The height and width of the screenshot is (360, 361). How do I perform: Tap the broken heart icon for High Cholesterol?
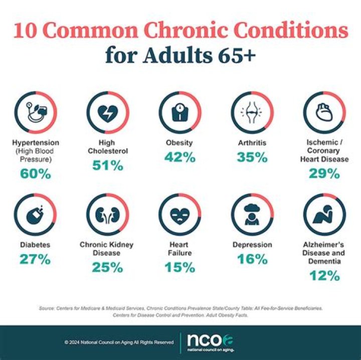[x=108, y=112]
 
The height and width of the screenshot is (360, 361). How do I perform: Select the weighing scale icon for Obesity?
[x=180, y=112]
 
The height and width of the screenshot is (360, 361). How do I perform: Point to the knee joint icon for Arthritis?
[x=252, y=112]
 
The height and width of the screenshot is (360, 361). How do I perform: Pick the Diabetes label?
[x=35, y=245]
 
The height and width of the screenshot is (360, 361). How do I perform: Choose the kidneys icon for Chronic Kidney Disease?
[x=108, y=215]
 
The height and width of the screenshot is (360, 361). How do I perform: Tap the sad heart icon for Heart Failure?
[x=180, y=215]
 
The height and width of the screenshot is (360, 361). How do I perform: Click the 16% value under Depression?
[x=252, y=259]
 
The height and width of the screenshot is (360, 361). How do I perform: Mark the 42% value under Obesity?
[x=180, y=157]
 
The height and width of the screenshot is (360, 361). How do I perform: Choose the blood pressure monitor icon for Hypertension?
[x=35, y=112]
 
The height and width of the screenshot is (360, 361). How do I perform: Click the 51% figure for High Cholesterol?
[x=108, y=165]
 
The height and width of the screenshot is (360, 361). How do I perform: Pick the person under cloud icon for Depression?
[x=252, y=215]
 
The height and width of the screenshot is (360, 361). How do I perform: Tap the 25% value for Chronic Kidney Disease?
[x=108, y=267]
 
